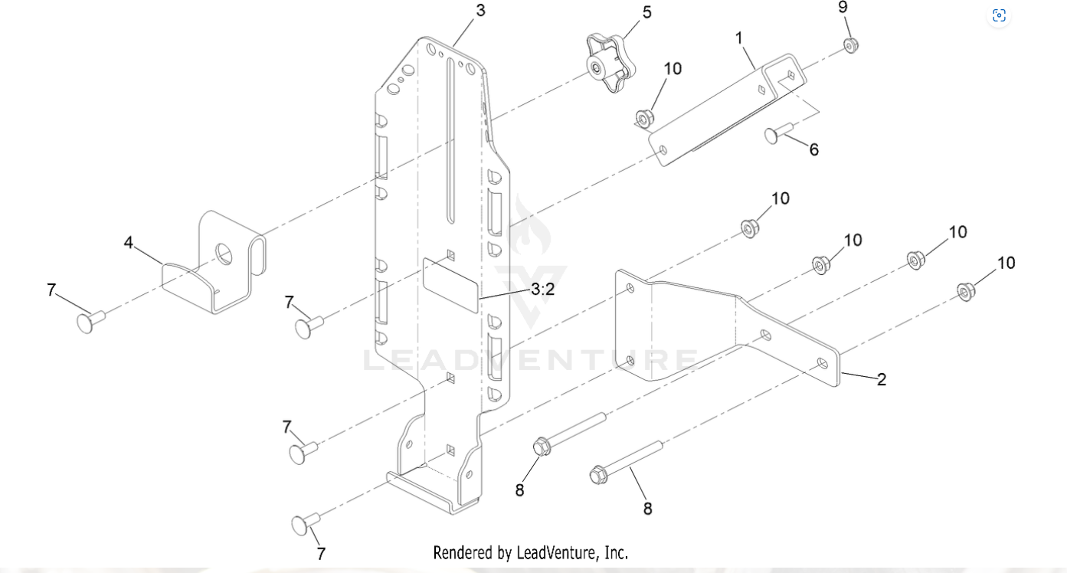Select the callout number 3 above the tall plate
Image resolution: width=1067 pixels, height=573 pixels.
pos(480,11)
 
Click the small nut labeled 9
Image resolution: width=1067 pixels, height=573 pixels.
pos(850,45)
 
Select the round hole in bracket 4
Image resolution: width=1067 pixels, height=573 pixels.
pos(224,253)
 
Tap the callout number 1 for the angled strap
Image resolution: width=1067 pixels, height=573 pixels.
pos(739,38)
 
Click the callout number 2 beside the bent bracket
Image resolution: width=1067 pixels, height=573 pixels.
pos(882,379)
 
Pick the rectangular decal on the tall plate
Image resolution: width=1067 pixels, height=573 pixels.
pos(451,284)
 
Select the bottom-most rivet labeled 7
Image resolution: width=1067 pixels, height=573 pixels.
pos(303,525)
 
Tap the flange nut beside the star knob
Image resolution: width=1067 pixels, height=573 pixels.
pos(644,120)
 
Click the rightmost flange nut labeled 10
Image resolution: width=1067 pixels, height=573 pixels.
pos(966,291)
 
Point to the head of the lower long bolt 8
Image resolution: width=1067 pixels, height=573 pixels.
pos(598,476)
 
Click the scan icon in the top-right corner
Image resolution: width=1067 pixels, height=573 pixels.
pos(999,15)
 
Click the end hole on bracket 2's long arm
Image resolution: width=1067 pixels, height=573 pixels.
pos(821,362)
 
